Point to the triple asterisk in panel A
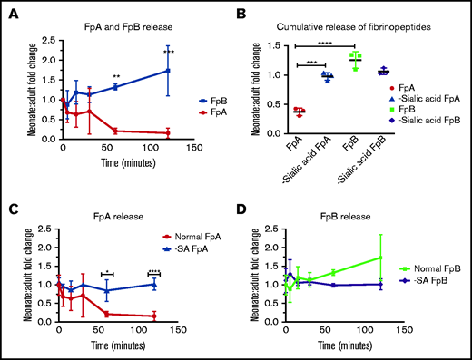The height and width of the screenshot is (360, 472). [x=168, y=52]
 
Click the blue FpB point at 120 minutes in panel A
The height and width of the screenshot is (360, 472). [x=168, y=70]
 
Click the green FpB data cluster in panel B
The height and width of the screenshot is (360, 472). [x=356, y=61]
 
